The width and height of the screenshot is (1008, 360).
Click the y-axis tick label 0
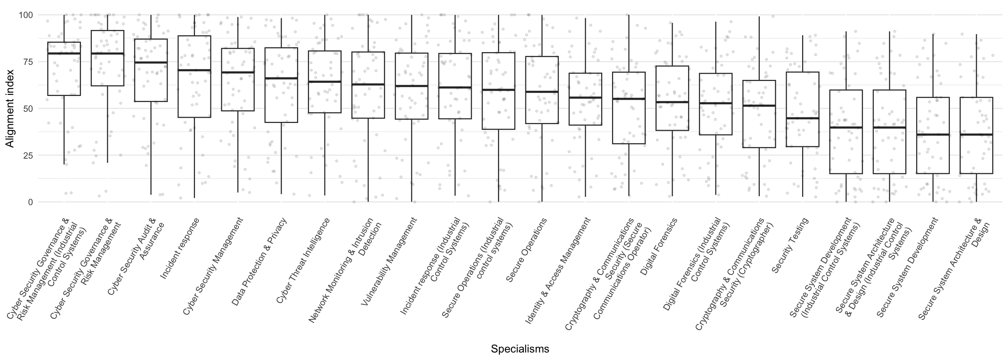pyautogui.click(x=30, y=202)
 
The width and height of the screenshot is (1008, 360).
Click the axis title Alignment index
pyautogui.click(x=9, y=108)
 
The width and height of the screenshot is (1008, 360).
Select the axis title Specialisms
pyautogui.click(x=520, y=349)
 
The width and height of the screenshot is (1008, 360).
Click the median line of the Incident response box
pyautogui.click(x=194, y=70)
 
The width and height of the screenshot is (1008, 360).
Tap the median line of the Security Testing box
pyautogui.click(x=802, y=118)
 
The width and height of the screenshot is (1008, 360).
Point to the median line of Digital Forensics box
pyautogui.click(x=672, y=102)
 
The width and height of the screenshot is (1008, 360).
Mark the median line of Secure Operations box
pyautogui.click(x=542, y=92)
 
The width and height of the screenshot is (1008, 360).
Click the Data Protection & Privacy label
pyautogui.click(x=259, y=261)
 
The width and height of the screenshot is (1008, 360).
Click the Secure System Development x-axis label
pyautogui.click(x=907, y=268)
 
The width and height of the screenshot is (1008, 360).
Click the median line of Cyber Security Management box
pyautogui.click(x=237, y=72)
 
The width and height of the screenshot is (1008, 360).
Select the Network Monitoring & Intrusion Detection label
pyautogui.click(x=344, y=270)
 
